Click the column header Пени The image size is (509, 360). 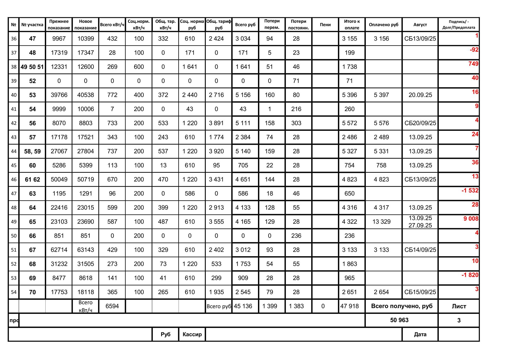tap(325, 25)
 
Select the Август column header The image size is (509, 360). tap(420, 25)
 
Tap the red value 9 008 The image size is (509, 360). tap(471, 219)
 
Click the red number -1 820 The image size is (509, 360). tap(470, 275)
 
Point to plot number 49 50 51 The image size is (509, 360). tap(32, 67)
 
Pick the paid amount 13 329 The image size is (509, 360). tap(381, 222)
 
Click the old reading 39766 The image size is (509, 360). tap(59, 95)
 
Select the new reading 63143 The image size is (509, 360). tap(85, 250)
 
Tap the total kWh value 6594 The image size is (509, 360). tap(112, 306)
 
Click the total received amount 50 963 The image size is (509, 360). tap(399, 320)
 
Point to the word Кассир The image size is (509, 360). tap(192, 334)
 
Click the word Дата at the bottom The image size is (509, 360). tap(420, 334)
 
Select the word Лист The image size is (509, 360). tap(459, 306)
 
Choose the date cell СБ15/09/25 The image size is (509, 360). tap(420, 292)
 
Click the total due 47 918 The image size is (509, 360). tap(349, 306)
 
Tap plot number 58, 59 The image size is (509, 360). tap(32, 151)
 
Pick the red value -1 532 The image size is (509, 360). tap(470, 190)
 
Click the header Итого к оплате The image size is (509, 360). tap(352, 25)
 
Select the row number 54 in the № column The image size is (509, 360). tap(14, 292)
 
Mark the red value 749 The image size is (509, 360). tap(473, 64)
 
